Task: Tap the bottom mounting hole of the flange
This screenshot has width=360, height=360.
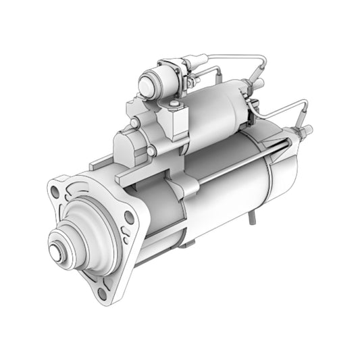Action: coord(101,292)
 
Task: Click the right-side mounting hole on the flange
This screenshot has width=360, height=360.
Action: coord(128,216)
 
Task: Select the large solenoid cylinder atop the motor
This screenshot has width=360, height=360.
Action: coord(216,108)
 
